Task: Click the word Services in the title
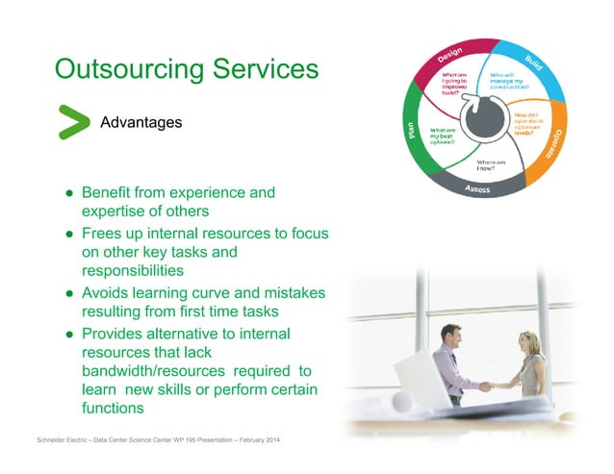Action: click(264, 69)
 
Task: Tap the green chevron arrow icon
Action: click(72, 123)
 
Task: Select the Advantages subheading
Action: click(141, 123)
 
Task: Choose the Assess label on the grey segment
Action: click(478, 189)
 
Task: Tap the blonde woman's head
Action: click(531, 343)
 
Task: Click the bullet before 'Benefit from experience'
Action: click(70, 193)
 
